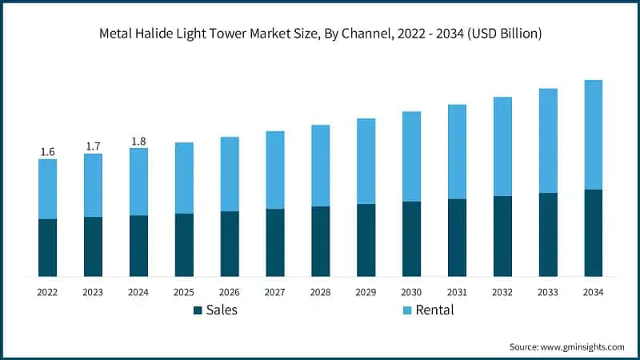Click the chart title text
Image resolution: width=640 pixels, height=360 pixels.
coord(320,34)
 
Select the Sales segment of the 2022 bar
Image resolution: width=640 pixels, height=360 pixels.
coord(47,247)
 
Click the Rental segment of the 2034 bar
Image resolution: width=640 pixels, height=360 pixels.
coord(593,134)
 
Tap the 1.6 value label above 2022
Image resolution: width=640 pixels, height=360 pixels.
coord(47,152)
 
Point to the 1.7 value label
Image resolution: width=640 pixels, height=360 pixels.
coord(93,146)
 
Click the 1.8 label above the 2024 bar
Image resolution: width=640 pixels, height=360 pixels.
coord(138,142)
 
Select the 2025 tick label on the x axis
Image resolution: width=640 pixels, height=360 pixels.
coord(184,293)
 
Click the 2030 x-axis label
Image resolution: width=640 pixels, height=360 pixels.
coord(411,293)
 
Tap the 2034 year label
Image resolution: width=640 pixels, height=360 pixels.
coord(593,293)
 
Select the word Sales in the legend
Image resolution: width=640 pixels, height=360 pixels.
coord(222,310)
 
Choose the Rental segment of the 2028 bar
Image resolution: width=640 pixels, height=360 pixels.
coord(320,166)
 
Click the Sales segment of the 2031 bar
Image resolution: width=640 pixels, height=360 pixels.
coord(457,238)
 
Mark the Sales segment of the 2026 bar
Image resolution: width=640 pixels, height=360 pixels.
coord(230,244)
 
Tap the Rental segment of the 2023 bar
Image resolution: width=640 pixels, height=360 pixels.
coord(93,185)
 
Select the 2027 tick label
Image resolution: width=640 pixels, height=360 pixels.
coord(275,293)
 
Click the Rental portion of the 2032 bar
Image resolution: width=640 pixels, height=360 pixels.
coord(502,146)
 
